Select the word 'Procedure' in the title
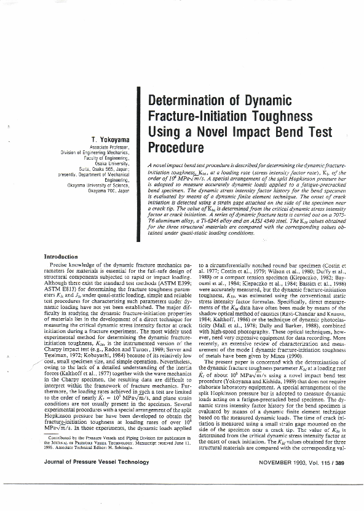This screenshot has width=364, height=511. click(176, 147)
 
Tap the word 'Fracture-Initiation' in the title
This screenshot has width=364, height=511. click(196, 117)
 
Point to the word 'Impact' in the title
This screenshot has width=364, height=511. click(264, 132)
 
